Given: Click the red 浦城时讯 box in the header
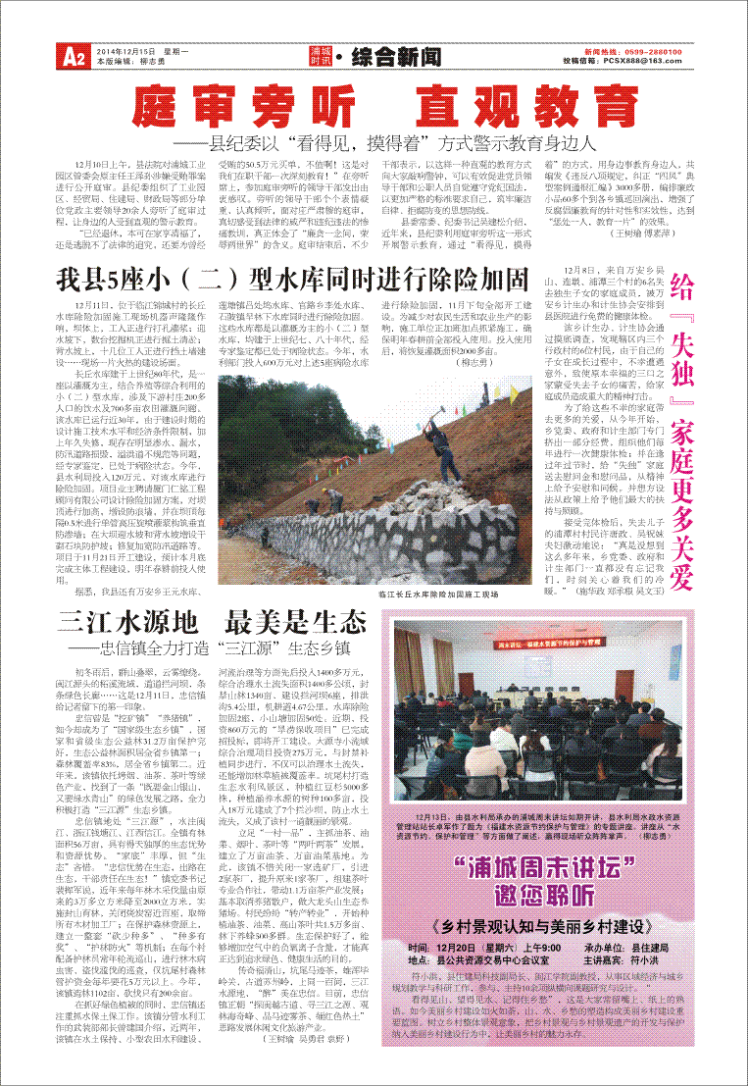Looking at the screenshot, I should pyautogui.click(x=321, y=55).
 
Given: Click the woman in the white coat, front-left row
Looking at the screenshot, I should pyautogui.click(x=457, y=743).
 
